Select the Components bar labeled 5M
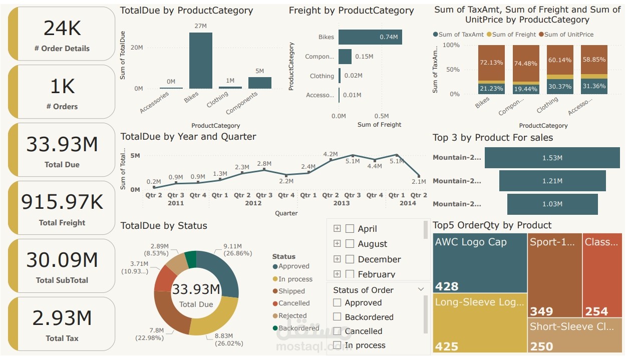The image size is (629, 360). pyautogui.click(x=259, y=83)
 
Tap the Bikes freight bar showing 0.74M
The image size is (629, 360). pyautogui.click(x=370, y=37)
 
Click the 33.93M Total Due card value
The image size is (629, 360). pyautogui.click(x=62, y=144)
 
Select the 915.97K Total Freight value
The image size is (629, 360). pyautogui.click(x=62, y=202)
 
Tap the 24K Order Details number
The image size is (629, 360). pyautogui.click(x=62, y=29)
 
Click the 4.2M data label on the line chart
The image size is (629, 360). pyautogui.click(x=331, y=154)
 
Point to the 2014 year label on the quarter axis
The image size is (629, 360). pyautogui.click(x=408, y=203)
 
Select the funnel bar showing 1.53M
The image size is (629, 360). pyautogui.click(x=552, y=158)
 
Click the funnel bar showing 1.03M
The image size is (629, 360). pyautogui.click(x=552, y=204)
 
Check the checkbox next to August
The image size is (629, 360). pyautogui.click(x=350, y=244)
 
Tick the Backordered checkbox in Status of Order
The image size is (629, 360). pyautogui.click(x=337, y=317)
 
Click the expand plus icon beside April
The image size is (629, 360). pyautogui.click(x=337, y=229)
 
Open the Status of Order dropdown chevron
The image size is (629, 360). pyautogui.click(x=421, y=289)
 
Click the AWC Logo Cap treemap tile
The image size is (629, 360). pyautogui.click(x=480, y=263)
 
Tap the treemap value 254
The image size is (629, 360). pyautogui.click(x=596, y=311)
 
